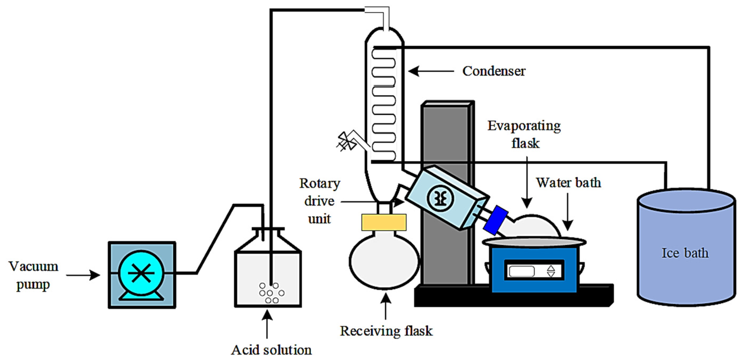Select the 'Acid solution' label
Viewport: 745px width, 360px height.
[x=271, y=350]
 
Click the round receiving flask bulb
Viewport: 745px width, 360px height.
[x=384, y=262]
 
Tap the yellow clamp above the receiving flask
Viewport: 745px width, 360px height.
[x=384, y=222]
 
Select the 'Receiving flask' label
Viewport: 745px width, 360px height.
[x=386, y=331]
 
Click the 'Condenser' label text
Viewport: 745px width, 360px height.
[x=494, y=71]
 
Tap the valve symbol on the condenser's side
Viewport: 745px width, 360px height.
[x=346, y=141]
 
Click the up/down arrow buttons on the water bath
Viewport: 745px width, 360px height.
[x=551, y=271]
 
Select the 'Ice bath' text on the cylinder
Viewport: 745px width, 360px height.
[x=685, y=253]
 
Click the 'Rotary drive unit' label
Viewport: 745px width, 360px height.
[x=320, y=201]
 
